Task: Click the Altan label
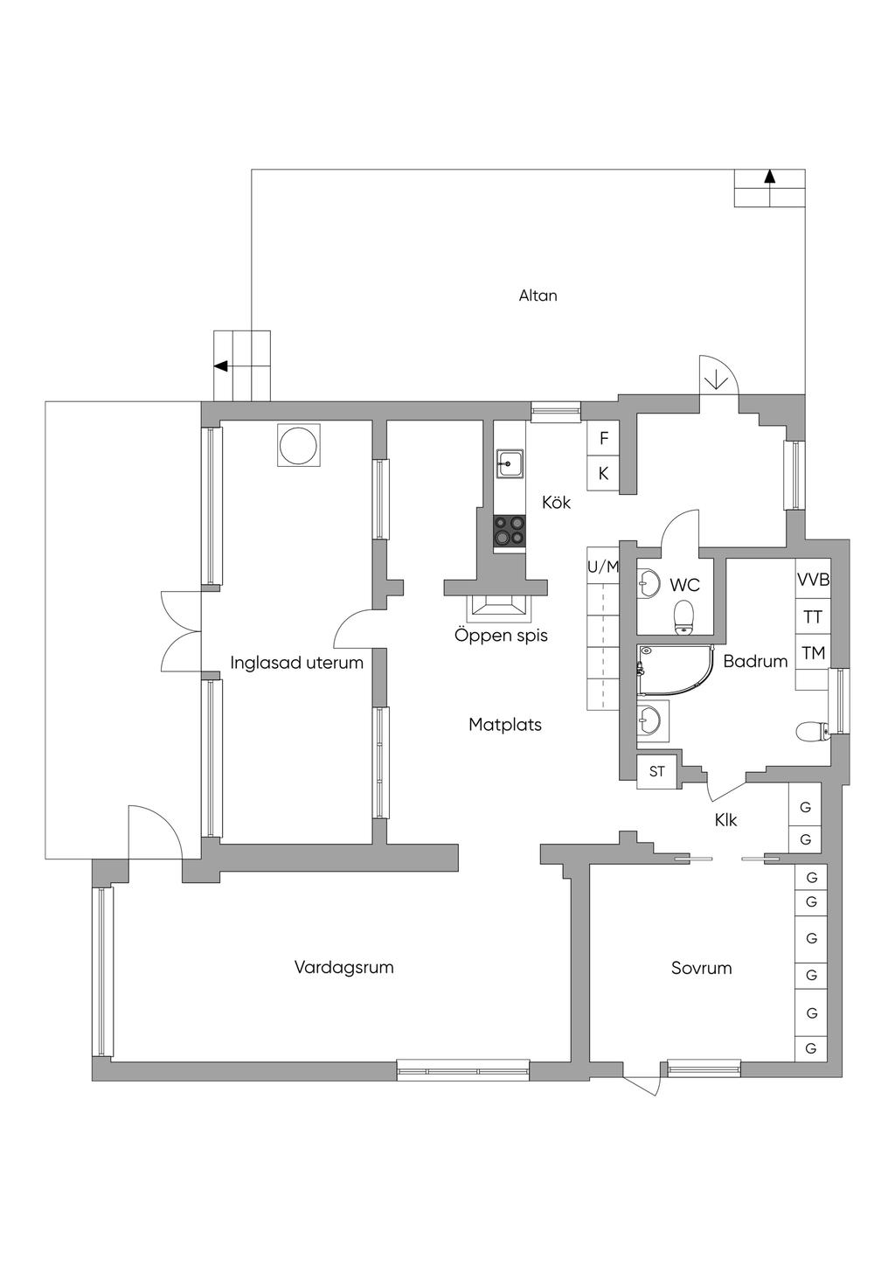pyautogui.click(x=538, y=296)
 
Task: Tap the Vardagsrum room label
pyautogui.click(x=343, y=967)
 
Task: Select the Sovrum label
pyautogui.click(x=701, y=968)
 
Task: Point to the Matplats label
pyautogui.click(x=504, y=725)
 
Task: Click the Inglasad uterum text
pyautogui.click(x=296, y=663)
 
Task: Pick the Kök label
pyautogui.click(x=556, y=502)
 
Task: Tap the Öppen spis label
pyautogui.click(x=501, y=636)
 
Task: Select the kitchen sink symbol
pyautogui.click(x=510, y=463)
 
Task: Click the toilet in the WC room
pyautogui.click(x=683, y=616)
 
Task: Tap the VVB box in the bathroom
pyautogui.click(x=813, y=579)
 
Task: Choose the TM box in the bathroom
pyautogui.click(x=813, y=653)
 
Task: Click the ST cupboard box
pyautogui.click(x=656, y=771)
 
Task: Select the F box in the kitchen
pyautogui.click(x=603, y=438)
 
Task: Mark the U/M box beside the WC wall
pyautogui.click(x=603, y=567)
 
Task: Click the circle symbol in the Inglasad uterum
pyautogui.click(x=298, y=445)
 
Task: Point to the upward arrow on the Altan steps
pyautogui.click(x=769, y=177)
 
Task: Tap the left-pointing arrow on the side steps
pyautogui.click(x=221, y=366)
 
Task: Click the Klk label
pyautogui.click(x=725, y=820)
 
